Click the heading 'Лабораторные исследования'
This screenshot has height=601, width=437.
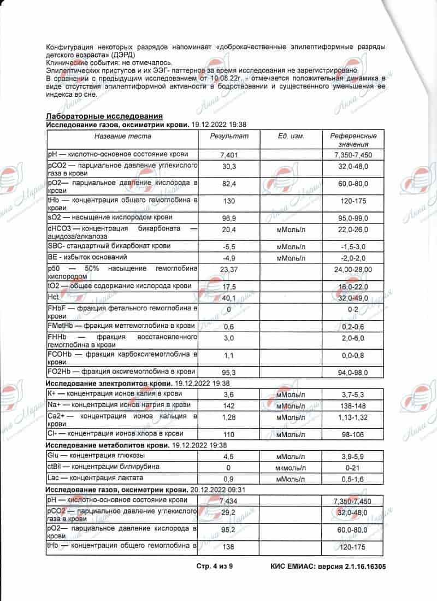[104, 116]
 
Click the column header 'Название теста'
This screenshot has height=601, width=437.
[122, 136]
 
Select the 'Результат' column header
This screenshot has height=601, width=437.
[229, 136]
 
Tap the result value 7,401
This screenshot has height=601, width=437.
[229, 156]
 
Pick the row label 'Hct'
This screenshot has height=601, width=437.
[53, 296]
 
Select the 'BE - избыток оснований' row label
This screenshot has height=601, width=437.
[87, 257]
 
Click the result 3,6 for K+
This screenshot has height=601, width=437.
[229, 394]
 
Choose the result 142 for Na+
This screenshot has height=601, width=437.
[229, 406]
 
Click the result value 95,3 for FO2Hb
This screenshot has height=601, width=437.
[229, 373]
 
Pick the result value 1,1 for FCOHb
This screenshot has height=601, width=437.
[229, 356]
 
